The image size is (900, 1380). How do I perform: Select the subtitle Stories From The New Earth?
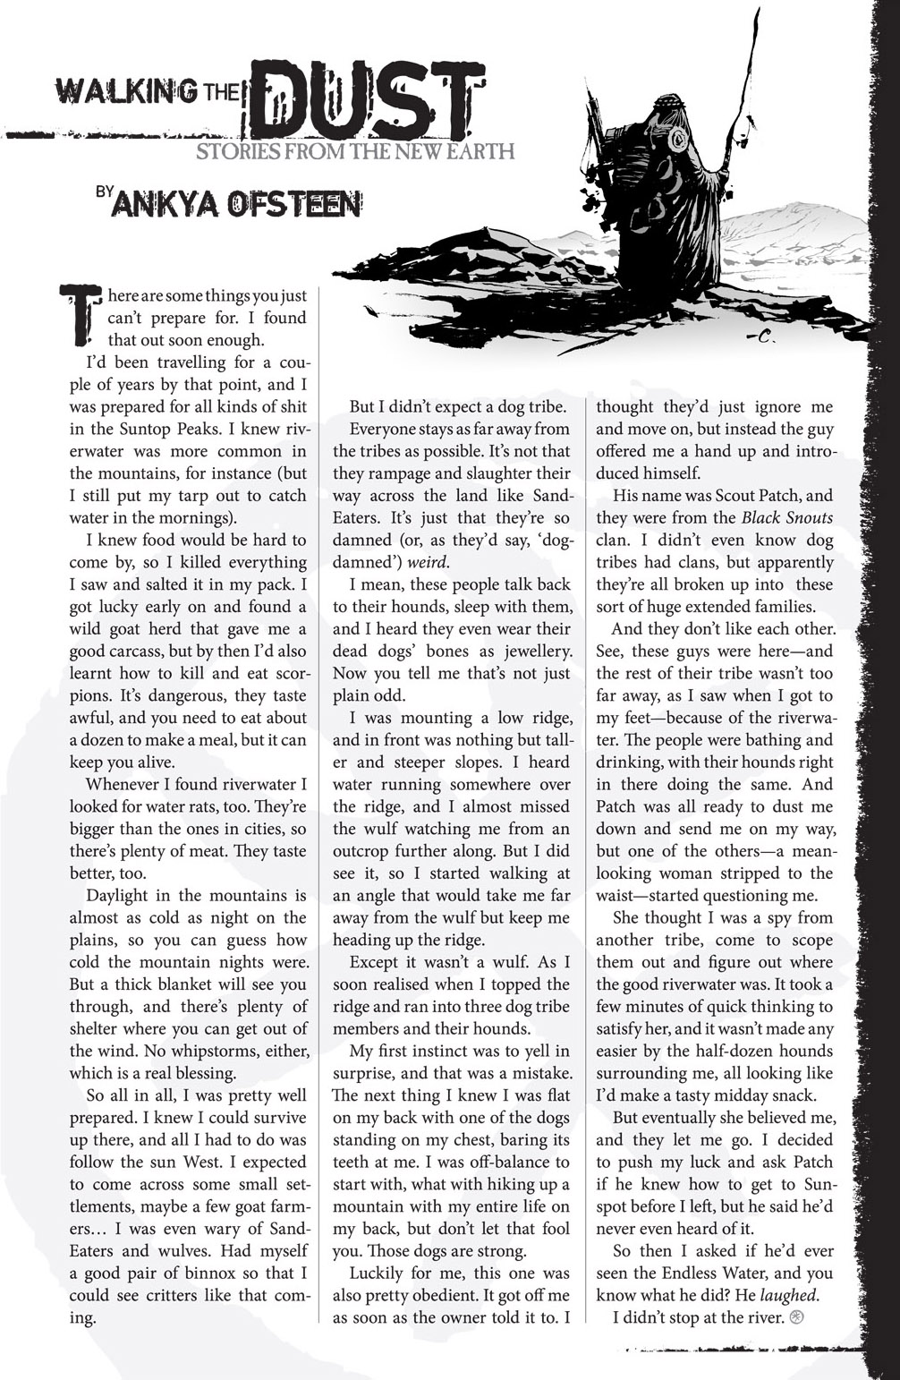[355, 150]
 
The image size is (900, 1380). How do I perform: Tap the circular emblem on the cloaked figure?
[678, 138]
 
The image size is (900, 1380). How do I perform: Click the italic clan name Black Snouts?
[786, 518]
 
